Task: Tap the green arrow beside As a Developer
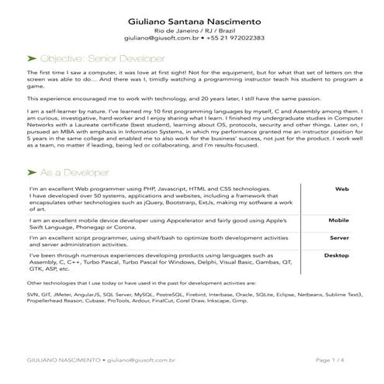coord(31,192)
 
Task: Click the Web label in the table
coord(341,211)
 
